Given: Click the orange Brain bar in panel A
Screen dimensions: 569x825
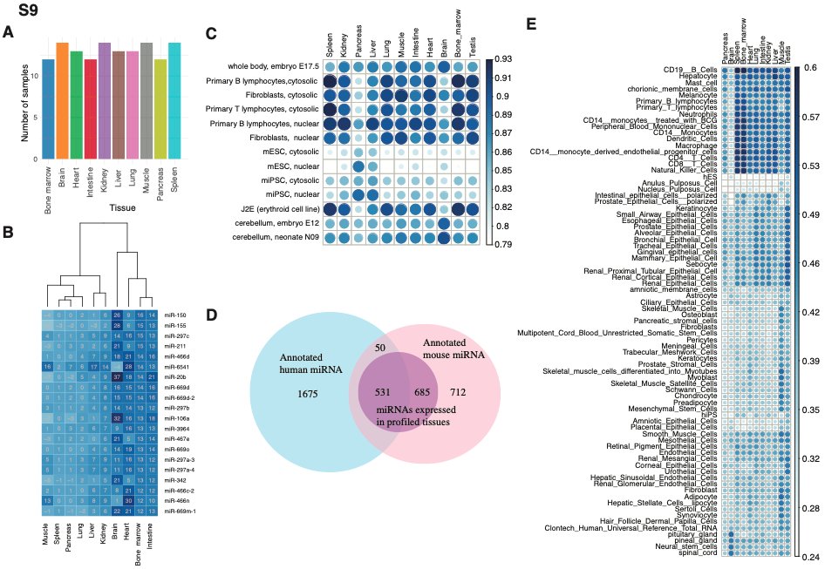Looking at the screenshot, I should point(62,100).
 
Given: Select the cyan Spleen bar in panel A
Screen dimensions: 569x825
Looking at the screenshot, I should point(174,100).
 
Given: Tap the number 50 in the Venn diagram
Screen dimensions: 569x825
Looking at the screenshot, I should point(379,349).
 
